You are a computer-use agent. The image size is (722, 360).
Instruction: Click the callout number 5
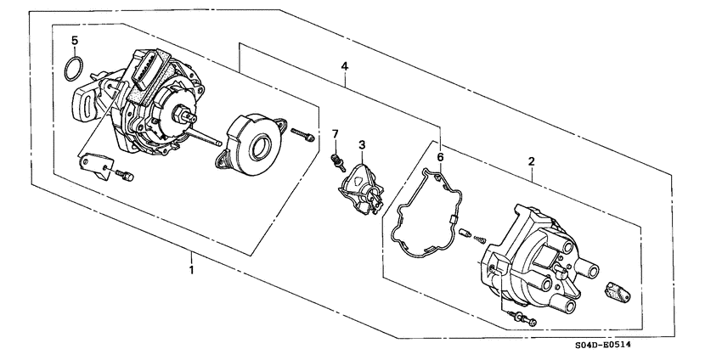(x=75, y=41)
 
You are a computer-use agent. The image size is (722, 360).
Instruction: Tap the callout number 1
(x=192, y=270)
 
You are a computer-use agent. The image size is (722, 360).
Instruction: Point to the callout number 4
(x=345, y=65)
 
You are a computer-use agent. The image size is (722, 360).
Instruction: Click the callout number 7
(x=335, y=134)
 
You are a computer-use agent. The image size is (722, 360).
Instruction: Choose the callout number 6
(x=440, y=157)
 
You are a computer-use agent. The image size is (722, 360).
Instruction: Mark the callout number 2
(x=531, y=160)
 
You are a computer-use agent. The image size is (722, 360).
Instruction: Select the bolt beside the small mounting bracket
(x=126, y=175)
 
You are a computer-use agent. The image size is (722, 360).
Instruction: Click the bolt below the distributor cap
(x=524, y=319)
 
